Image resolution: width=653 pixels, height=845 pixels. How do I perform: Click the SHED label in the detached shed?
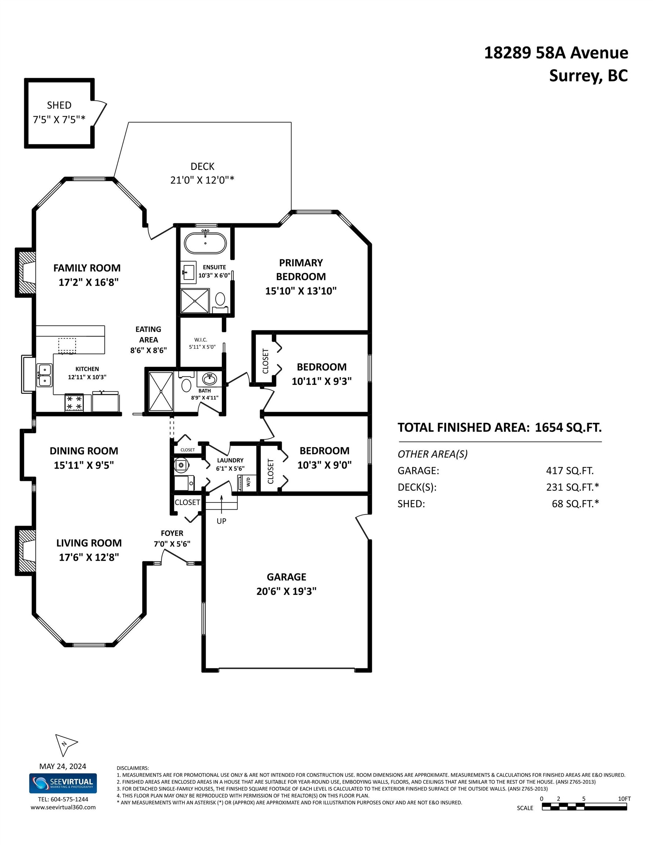pyautogui.click(x=59, y=105)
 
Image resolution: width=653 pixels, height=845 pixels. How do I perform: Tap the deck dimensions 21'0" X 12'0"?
pyautogui.click(x=202, y=180)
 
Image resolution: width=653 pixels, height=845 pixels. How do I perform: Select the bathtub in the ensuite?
pyautogui.click(x=205, y=242)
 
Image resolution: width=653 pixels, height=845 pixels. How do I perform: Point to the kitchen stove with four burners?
pyautogui.click(x=74, y=403)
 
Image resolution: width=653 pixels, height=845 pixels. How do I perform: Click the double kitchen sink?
pyautogui.click(x=44, y=375)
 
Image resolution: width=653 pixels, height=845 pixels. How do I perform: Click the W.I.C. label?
pyautogui.click(x=201, y=340)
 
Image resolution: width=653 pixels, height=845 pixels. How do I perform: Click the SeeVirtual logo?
pyautogui.click(x=63, y=783)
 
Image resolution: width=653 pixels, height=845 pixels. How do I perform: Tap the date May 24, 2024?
pyautogui.click(x=63, y=766)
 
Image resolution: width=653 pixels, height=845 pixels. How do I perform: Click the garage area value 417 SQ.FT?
pyautogui.click(x=569, y=471)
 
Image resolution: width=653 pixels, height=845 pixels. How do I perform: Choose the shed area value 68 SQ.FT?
pyautogui.click(x=575, y=503)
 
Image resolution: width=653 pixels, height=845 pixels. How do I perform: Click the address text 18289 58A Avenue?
pyautogui.click(x=556, y=52)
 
